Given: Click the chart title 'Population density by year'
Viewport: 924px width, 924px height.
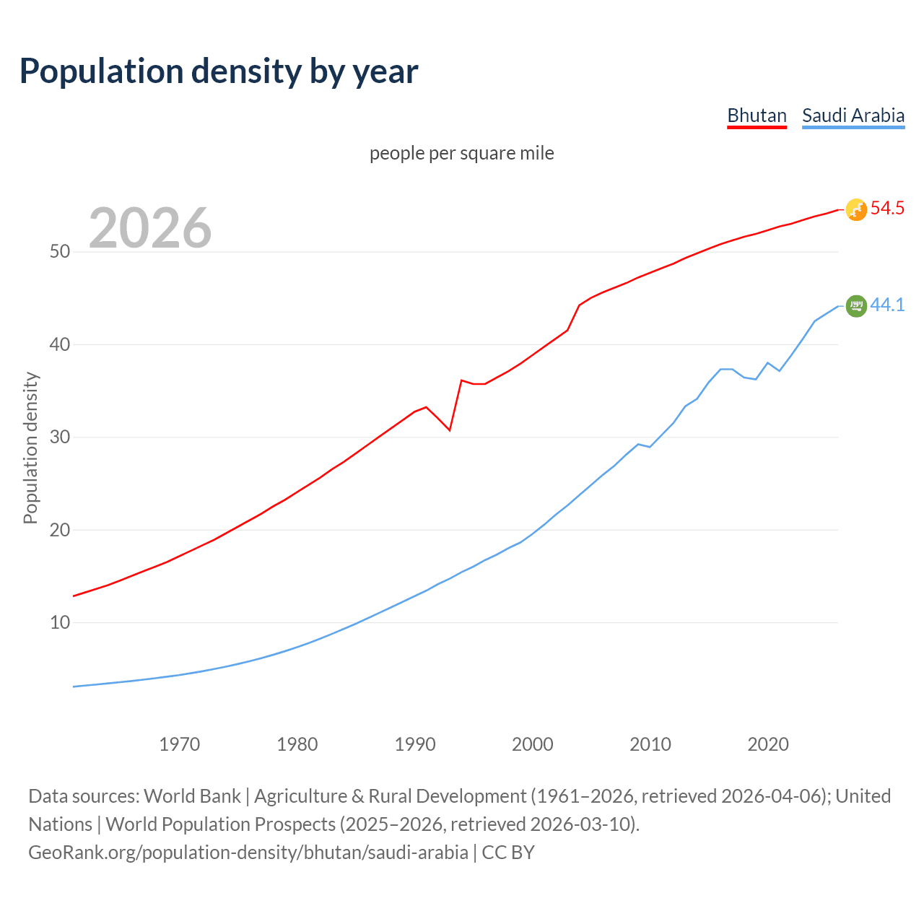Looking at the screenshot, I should click(x=219, y=71).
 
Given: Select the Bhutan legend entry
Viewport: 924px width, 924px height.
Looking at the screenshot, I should click(x=757, y=115).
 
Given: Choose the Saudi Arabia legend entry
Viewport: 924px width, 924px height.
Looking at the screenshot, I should click(x=853, y=115).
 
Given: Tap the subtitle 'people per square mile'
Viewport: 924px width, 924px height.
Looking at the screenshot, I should click(x=462, y=153).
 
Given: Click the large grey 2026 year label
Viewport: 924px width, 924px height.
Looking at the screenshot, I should click(x=150, y=228).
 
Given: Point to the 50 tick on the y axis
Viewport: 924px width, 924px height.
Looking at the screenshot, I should click(x=60, y=252).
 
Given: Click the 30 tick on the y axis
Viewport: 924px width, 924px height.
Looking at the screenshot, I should click(x=60, y=437).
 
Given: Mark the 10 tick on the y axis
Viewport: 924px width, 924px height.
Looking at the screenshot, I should click(x=60, y=622).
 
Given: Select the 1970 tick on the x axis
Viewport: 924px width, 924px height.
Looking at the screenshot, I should click(x=180, y=744).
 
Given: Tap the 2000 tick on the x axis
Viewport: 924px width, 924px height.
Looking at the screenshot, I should click(x=533, y=744).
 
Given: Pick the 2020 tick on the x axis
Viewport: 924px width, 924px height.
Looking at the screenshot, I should click(x=768, y=744).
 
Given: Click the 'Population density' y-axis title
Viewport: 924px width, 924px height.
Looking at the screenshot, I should click(x=30, y=448).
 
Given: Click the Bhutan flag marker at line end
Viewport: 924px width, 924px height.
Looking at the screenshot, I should click(x=856, y=209).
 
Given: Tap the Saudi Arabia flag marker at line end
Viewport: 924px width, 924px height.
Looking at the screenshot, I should click(x=856, y=306).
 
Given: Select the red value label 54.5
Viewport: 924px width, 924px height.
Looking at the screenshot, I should click(x=887, y=209).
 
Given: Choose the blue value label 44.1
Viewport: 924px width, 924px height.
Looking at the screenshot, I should click(x=887, y=305).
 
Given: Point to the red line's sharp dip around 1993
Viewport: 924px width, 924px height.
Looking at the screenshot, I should click(x=450, y=430).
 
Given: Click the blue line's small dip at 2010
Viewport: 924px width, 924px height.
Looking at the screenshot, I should click(x=650, y=447).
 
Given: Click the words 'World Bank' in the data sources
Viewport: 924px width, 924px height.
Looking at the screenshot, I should click(x=192, y=796).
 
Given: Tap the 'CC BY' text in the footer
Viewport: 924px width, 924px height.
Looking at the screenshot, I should click(x=508, y=853).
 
